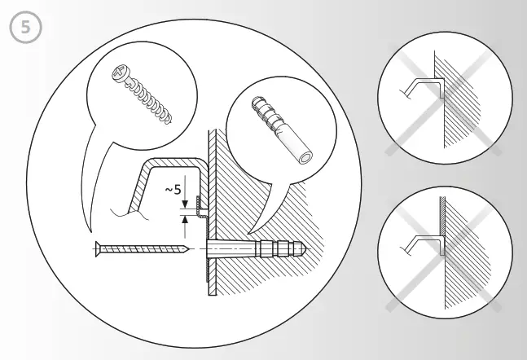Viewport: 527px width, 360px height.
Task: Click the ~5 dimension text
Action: (173, 190)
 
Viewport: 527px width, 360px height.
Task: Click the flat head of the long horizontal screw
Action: (98, 247)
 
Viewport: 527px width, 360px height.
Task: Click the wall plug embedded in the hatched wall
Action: (261, 247)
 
